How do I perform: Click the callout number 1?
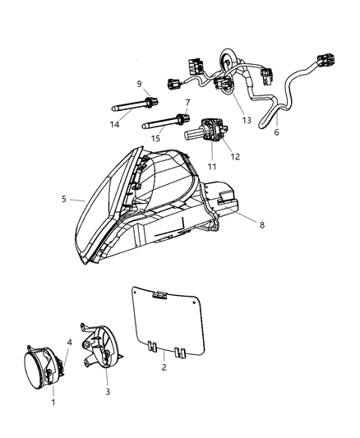(x=53, y=403)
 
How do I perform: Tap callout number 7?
(x=187, y=103)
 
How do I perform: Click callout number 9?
(x=140, y=83)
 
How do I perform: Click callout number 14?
(x=116, y=122)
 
